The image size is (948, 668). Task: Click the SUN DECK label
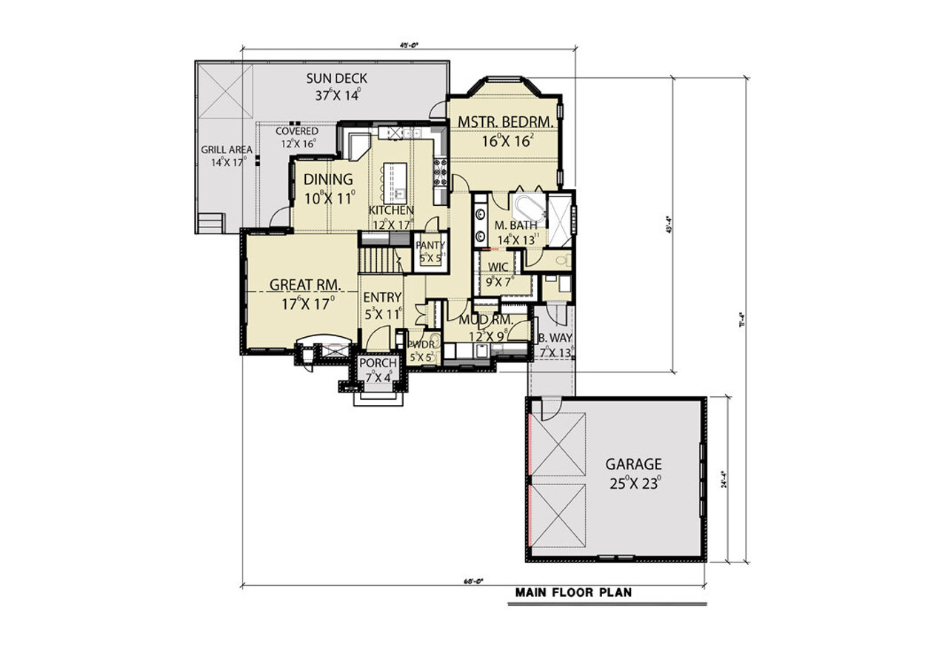337,79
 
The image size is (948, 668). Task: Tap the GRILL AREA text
227,150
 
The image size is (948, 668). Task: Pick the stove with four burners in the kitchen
440,172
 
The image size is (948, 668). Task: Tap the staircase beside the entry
378,261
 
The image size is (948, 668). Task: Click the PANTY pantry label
430,245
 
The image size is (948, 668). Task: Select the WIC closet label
498,267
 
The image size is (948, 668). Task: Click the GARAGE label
633,464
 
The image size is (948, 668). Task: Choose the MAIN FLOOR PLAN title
574,592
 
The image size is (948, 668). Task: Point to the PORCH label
378,364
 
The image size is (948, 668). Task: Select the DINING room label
328,180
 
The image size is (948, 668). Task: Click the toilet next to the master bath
563,260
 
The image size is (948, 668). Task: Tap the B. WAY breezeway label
555,338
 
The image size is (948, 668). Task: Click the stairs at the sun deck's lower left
210,222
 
